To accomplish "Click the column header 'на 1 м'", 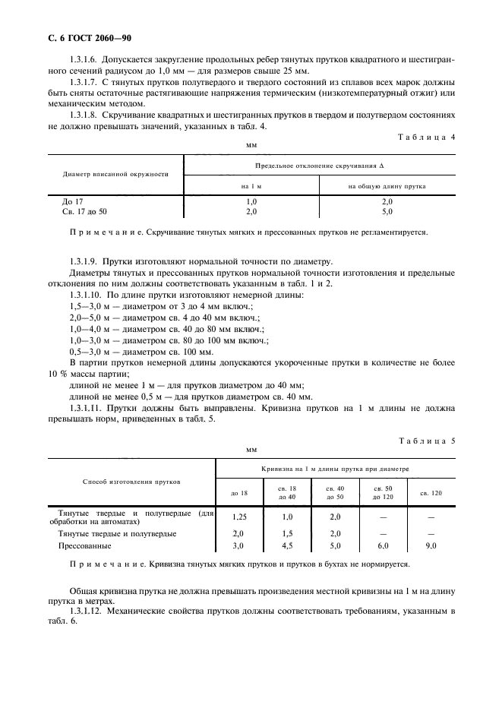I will pyautogui.click(x=251, y=185).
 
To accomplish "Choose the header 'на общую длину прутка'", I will pyautogui.click(x=387, y=185).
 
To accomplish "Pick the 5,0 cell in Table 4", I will pyautogui.click(x=387, y=212).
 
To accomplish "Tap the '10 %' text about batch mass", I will pyautogui.click(x=59, y=374).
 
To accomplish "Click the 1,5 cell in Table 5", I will pyautogui.click(x=287, y=533).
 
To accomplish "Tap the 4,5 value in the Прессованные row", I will pyautogui.click(x=287, y=545).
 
